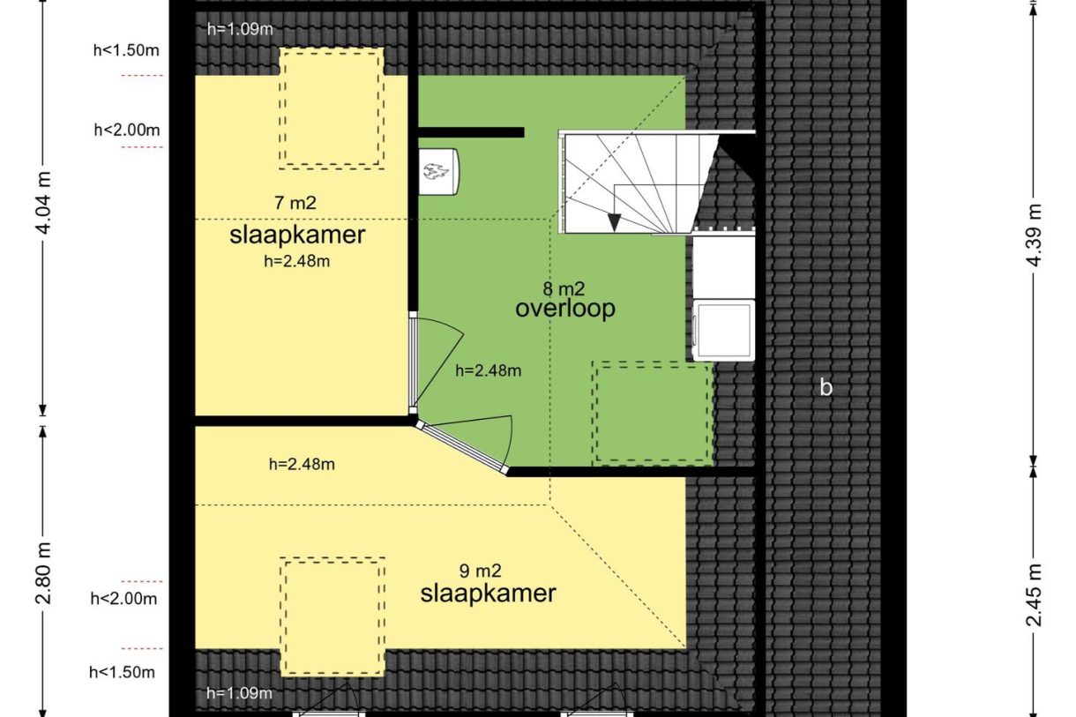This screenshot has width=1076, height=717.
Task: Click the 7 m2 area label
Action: click(295, 203)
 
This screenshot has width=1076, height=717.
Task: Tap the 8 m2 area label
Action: click(564, 288)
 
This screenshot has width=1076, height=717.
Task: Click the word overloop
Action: click(564, 309)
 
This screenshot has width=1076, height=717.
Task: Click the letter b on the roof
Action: click(826, 387)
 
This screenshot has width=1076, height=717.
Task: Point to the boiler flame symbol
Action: click(438, 170)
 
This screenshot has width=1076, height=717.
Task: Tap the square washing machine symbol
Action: click(723, 331)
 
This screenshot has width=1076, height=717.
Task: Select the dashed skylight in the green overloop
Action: click(653, 413)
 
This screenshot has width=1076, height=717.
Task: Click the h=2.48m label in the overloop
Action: click(488, 371)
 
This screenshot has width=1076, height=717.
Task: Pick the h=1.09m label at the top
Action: click(240, 28)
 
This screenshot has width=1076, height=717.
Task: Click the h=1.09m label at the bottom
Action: click(240, 693)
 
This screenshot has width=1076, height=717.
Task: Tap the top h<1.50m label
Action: click(126, 49)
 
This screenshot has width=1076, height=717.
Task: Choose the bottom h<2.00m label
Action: click(123, 600)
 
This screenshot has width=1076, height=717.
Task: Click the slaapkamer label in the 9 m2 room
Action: click(488, 594)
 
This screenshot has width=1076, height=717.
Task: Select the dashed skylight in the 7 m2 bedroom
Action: click(333, 108)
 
